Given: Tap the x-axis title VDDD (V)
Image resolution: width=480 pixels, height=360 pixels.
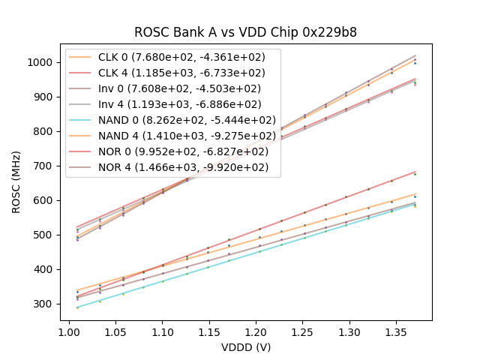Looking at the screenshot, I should (246, 347).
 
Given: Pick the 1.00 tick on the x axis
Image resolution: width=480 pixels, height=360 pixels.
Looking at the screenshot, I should (69, 330).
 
